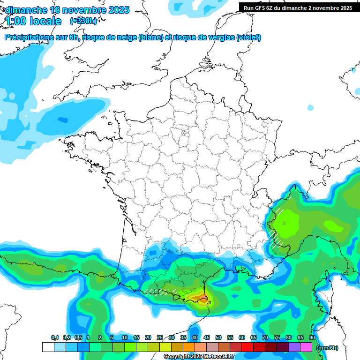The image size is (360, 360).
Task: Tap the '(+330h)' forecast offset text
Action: pyautogui.click(x=83, y=21)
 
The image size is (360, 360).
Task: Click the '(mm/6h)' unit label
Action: pyautogui.click(x=327, y=347)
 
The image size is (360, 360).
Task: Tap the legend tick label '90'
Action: pyautogui.click(x=312, y=337)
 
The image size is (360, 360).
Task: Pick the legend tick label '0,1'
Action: pyautogui.click(x=54, y=337)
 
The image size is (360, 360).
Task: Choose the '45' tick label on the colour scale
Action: pyautogui.click(x=207, y=337)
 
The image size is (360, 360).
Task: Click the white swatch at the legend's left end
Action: pyautogui.click(x=48, y=347)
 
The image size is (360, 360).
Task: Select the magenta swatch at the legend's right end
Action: pyautogui.click(x=306, y=347)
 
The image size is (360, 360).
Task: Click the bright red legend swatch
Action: pyautogui.click(x=247, y=347)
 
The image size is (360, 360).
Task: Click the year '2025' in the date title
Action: pyautogui.click(x=114, y=10)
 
